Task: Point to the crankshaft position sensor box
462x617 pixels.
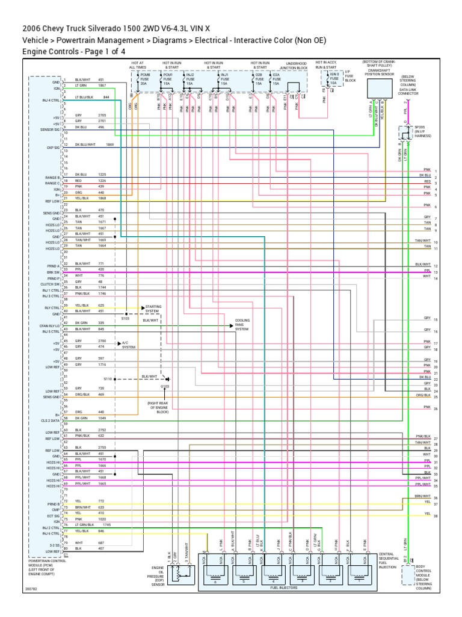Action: [x=377, y=89]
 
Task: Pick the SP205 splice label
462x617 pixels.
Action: [x=419, y=131]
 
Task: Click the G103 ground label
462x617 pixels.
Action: [x=165, y=386]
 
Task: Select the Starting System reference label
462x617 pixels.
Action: [x=153, y=308]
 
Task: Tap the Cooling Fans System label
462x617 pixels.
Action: [x=242, y=325]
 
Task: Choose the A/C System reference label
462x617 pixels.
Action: [x=129, y=345]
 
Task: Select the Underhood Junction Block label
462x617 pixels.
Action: [x=296, y=66]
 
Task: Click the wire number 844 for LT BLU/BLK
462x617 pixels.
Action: [x=106, y=96]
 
